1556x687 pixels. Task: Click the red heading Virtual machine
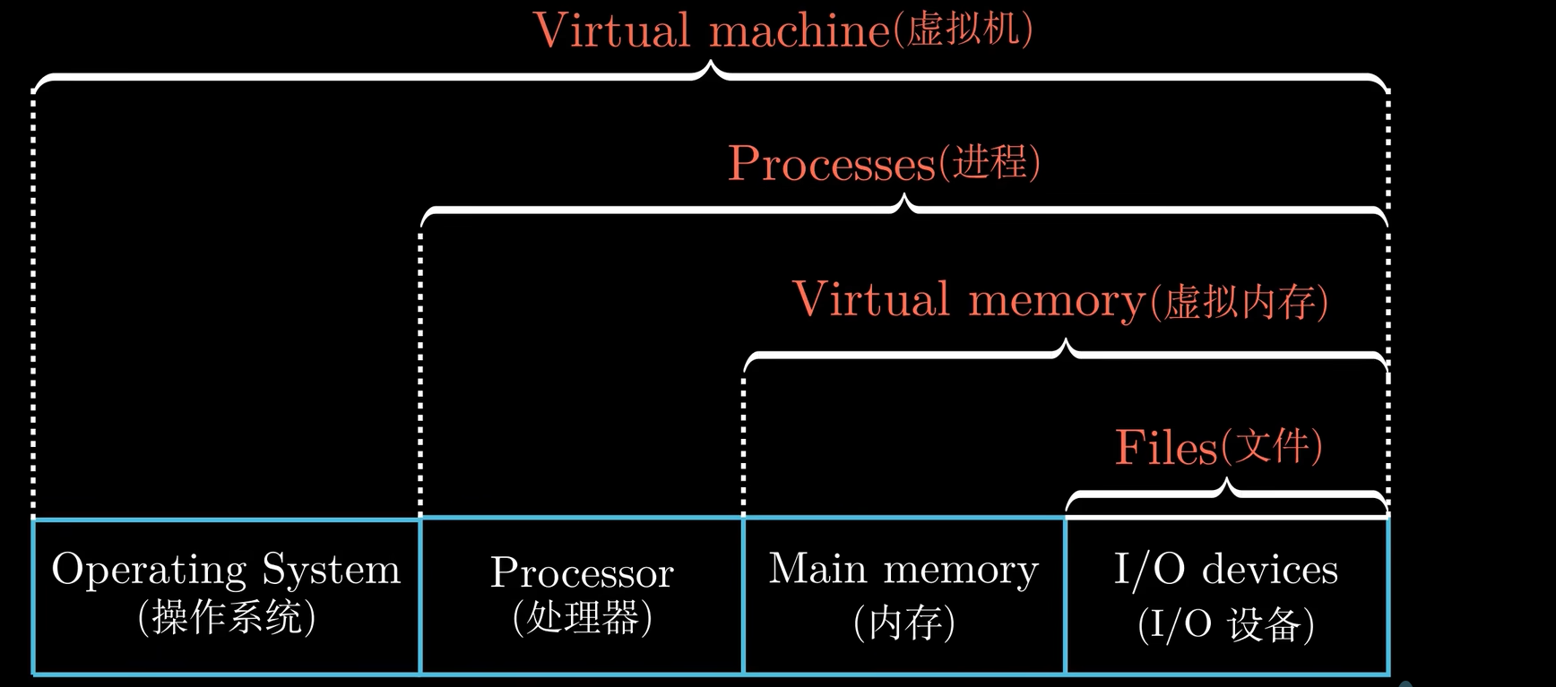(711, 30)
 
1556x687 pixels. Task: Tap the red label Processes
(832, 163)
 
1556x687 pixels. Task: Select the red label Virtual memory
(968, 300)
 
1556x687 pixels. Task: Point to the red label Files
(1166, 447)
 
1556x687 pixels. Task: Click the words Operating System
(226, 570)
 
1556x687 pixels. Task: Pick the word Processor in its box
(582, 573)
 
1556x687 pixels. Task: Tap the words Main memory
(903, 570)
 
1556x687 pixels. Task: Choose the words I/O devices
(1225, 570)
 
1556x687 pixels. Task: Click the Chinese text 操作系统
(227, 617)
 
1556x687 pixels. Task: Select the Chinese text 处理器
(583, 618)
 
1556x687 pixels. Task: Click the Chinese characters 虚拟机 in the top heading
(963, 30)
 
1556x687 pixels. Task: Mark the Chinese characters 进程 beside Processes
(989, 162)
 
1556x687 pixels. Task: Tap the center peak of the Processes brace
(905, 200)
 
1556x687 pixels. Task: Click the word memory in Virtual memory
(1057, 301)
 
